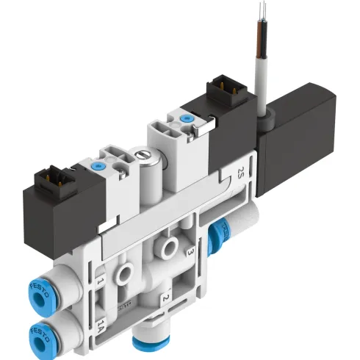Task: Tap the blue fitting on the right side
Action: [217, 234]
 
